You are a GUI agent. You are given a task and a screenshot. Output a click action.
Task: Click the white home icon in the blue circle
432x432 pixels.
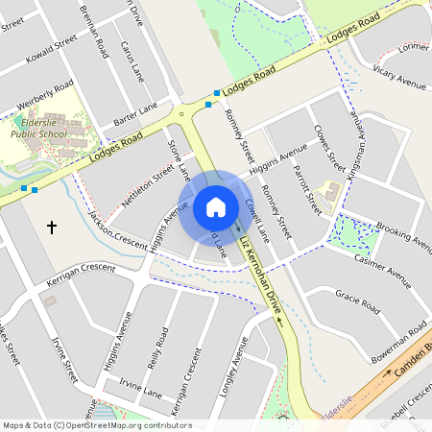[x=216, y=207]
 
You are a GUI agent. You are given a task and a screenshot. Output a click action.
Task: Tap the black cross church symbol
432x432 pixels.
[x=52, y=228]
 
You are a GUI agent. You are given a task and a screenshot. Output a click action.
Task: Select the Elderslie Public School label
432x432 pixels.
[x=39, y=130]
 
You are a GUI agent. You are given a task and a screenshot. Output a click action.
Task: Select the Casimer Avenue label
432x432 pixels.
[x=382, y=266]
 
